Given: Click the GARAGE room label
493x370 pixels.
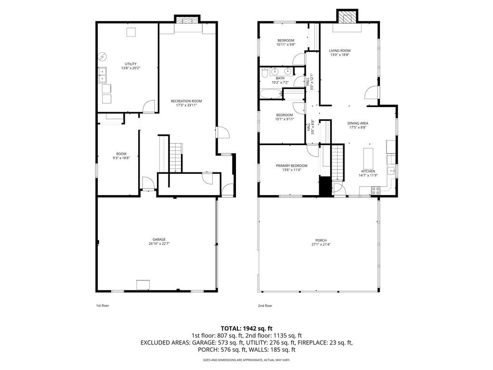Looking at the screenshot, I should (x=159, y=239).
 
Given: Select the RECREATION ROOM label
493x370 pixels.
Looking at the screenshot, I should (x=186, y=101).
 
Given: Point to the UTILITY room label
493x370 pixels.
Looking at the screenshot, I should (x=130, y=64).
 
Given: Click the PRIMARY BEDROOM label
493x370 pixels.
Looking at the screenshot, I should (x=291, y=166).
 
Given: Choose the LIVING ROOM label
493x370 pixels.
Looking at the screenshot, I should (x=339, y=51).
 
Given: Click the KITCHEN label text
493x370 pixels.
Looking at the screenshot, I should (x=368, y=172).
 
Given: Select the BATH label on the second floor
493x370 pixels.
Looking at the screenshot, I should (x=280, y=78).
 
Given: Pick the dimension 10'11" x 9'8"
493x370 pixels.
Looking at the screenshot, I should (x=285, y=45).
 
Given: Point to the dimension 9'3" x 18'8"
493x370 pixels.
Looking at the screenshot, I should (x=121, y=158).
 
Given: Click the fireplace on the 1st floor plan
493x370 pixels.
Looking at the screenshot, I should (x=185, y=21).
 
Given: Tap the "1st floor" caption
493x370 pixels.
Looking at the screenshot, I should (x=103, y=305).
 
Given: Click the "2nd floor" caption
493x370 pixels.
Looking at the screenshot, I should (x=265, y=305).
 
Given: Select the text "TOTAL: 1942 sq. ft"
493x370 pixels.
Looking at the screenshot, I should (x=246, y=328).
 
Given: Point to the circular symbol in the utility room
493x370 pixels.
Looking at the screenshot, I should (x=102, y=56).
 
